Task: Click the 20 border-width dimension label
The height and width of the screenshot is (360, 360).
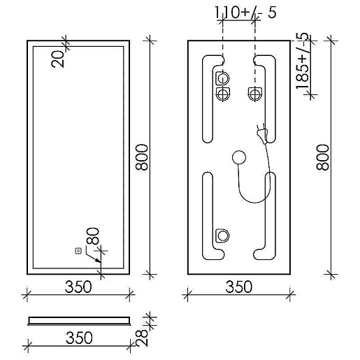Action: pyautogui.click(x=57, y=59)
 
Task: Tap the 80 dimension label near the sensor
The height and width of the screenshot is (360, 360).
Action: pyautogui.click(x=93, y=236)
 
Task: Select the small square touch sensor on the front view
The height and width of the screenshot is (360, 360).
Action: pyautogui.click(x=78, y=251)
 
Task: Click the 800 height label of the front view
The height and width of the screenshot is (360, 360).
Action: pyautogui.click(x=142, y=157)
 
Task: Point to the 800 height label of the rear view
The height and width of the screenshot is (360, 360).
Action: pyautogui.click(x=323, y=157)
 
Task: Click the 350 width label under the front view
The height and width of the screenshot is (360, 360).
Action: pyautogui.click(x=78, y=287)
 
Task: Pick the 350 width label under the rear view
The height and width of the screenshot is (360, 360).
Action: pyautogui.click(x=239, y=287)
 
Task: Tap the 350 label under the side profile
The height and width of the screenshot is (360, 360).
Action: pyautogui.click(x=79, y=338)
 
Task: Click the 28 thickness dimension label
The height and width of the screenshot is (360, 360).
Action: pyautogui.click(x=142, y=338)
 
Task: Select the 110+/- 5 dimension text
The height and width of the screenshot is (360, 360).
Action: pyautogui.click(x=245, y=13)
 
